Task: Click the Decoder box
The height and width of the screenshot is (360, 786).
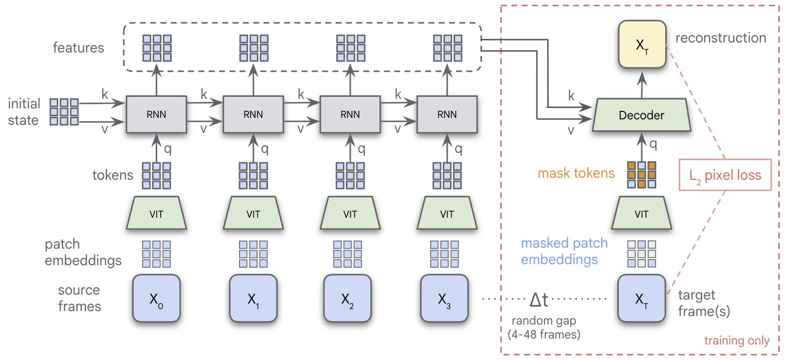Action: point(641,115)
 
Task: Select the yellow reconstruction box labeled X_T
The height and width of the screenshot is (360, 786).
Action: point(642,44)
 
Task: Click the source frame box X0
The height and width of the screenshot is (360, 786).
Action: point(156,299)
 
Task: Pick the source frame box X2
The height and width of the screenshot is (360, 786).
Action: point(347,299)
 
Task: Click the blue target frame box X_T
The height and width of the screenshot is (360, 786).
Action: point(641,299)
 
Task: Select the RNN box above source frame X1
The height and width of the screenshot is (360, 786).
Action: point(253,114)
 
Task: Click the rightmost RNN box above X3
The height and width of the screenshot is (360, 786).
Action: point(447,114)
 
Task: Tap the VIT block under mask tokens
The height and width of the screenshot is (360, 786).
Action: point(641,214)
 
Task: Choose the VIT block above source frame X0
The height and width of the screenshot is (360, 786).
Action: point(156,214)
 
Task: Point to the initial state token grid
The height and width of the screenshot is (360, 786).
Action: point(64,111)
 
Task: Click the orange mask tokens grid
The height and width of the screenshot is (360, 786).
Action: point(641,175)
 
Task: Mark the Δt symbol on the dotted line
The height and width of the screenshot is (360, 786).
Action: point(538,300)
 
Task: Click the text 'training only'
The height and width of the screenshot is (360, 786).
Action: point(737,341)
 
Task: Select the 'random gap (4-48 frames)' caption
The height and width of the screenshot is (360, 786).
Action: point(544,328)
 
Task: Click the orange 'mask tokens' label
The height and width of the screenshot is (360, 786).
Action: point(576,173)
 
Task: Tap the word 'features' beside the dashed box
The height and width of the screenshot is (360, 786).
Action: point(78,48)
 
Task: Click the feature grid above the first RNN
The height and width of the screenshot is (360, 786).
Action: point(157,48)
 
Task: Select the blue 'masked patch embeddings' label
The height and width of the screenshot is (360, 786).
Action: point(564,251)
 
